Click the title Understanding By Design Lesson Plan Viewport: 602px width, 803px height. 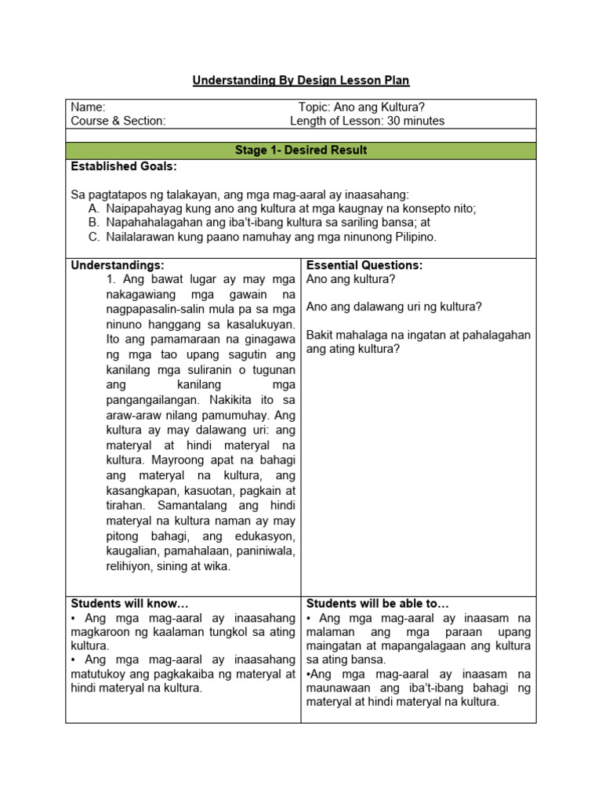(x=301, y=81)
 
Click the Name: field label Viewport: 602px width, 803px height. (x=88, y=107)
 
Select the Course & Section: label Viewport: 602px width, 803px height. (x=118, y=121)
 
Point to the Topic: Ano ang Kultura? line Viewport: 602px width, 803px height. (x=361, y=107)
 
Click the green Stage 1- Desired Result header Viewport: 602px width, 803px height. (x=301, y=150)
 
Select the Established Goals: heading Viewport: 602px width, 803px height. (x=124, y=166)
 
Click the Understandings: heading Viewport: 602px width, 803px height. (x=118, y=266)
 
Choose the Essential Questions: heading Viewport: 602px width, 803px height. (x=364, y=266)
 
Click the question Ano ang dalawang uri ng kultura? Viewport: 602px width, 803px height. (x=393, y=307)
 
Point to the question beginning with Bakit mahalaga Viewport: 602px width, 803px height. (x=418, y=342)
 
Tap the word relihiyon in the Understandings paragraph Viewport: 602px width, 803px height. (x=130, y=565)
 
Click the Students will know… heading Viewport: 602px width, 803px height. (x=129, y=603)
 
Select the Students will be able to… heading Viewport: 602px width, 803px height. (x=377, y=603)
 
